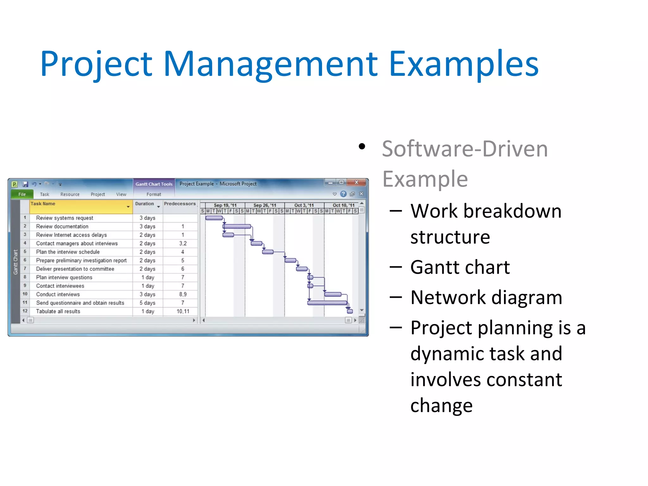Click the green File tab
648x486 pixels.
tap(22, 194)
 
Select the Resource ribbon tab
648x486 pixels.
tap(70, 194)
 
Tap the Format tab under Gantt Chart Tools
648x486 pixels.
tap(154, 194)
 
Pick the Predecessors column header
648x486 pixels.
tap(180, 204)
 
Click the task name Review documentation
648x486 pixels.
tap(62, 227)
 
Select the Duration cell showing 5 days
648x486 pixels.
tap(147, 303)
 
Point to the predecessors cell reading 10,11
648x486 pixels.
tap(183, 311)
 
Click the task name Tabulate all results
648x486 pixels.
tap(58, 311)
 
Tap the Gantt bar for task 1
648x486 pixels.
tap(214, 218)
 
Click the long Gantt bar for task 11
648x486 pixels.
tap(327, 303)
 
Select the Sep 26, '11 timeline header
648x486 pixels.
tap(265, 205)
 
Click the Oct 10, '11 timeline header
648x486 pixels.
tap(343, 205)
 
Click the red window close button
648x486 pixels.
tap(357, 183)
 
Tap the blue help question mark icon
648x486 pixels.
tap(343, 194)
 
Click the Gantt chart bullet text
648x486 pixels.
tap(460, 267)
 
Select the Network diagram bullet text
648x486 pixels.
tap(486, 297)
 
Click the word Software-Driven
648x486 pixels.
tap(464, 149)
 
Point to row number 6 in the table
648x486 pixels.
tap(25, 260)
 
